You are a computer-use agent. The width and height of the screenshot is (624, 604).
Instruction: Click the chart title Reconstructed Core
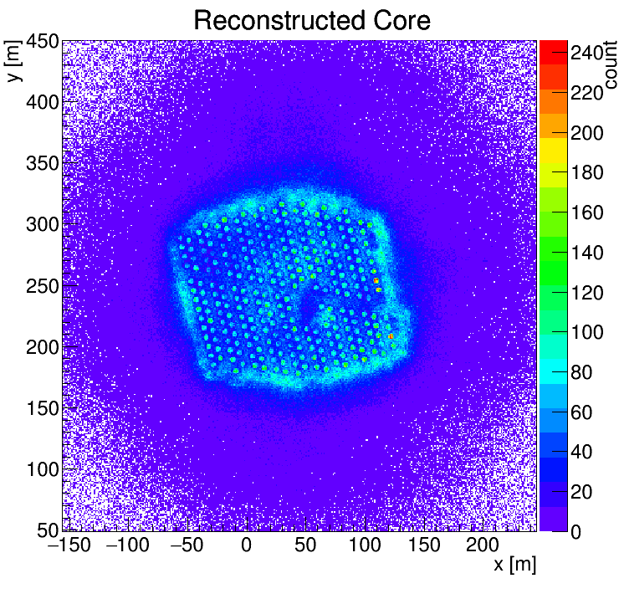(x=311, y=20)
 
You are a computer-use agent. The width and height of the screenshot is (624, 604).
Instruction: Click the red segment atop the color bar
(x=553, y=49)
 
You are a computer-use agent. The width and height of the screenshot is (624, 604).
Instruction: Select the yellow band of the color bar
(x=553, y=151)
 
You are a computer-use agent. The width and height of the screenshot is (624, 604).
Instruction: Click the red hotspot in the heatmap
(x=391, y=336)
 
